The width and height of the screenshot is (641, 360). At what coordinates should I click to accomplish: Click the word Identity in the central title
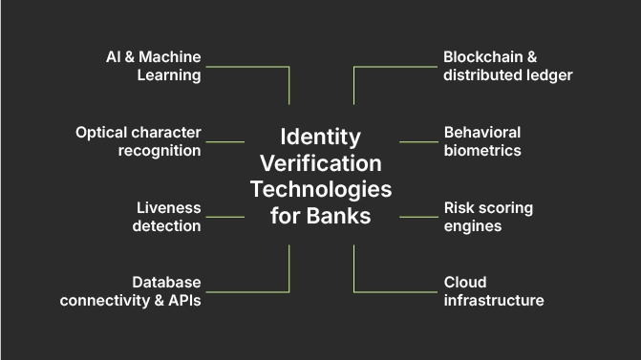coord(321,136)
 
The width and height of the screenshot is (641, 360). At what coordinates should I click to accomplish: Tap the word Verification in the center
coord(321,162)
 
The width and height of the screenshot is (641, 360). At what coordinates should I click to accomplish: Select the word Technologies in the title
coord(321,188)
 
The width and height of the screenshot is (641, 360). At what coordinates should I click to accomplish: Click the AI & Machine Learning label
coord(153,66)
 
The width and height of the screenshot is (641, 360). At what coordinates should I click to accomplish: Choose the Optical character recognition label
coord(139,141)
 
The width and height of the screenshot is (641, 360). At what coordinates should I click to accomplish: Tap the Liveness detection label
coord(167,217)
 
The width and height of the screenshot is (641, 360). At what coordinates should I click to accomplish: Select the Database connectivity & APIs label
coord(131,291)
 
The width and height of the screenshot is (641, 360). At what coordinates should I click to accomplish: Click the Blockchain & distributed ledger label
coord(507,66)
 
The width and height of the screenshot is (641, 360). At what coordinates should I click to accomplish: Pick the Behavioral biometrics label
coord(482,141)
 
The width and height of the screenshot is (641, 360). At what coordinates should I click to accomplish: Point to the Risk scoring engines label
coord(488,217)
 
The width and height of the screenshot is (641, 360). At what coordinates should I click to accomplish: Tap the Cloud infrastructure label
coord(494,291)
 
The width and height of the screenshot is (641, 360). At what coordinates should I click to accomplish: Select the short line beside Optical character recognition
coord(225,142)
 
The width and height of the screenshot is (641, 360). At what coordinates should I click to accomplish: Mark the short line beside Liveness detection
coord(225,217)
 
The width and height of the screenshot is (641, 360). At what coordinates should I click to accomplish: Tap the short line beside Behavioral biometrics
coord(418,142)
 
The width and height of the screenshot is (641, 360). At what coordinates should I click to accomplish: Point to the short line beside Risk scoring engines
coord(418,217)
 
